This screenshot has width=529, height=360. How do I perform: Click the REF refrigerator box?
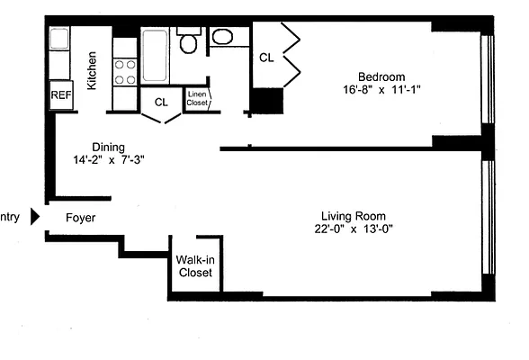point(60,94)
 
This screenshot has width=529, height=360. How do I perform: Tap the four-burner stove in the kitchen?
point(124,71)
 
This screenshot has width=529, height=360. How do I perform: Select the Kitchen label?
point(92,69)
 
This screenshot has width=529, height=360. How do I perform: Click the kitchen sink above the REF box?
point(58,40)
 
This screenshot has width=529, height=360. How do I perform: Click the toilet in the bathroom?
point(189,43)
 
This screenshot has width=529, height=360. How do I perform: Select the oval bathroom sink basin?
point(221,37)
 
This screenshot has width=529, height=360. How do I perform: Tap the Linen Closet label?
point(197,99)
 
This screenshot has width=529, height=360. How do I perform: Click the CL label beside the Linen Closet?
point(160,102)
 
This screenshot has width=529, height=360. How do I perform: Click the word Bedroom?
point(381,76)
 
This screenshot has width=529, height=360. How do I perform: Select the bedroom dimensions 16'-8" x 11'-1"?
point(381,90)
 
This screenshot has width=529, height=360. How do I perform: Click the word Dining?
point(108,148)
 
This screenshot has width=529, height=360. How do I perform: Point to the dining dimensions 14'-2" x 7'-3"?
point(110,161)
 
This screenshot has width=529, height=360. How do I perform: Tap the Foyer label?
point(81,218)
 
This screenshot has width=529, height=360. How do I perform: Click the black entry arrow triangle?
point(36,217)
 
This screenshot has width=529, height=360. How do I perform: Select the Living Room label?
point(354,216)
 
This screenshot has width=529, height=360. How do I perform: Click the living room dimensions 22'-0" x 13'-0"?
point(354,229)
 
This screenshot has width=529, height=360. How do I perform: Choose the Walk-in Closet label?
point(195,265)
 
